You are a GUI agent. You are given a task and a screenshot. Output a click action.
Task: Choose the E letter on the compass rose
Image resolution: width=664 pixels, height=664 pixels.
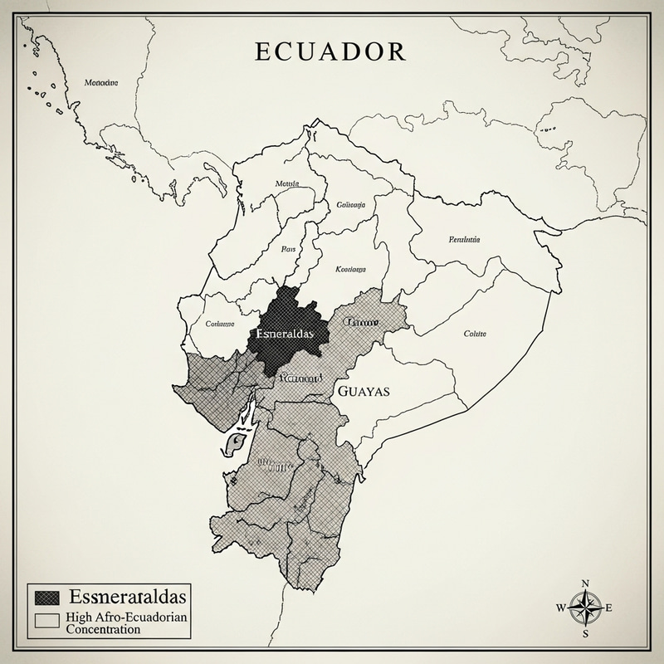pos(611,608)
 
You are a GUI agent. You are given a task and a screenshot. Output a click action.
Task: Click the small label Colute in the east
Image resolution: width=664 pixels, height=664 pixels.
pos(475,334)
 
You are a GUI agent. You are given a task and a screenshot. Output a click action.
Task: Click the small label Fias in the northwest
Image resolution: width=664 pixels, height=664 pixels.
pos(288,247)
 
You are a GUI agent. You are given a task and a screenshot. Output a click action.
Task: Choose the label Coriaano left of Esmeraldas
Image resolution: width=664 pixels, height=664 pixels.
pos(220,325)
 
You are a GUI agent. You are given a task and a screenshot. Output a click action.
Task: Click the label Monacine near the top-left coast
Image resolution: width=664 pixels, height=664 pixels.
pos(101,82)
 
